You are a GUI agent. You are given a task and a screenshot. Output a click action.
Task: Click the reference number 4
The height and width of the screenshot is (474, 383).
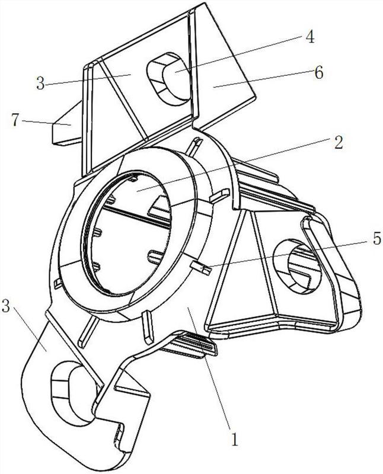[x=310, y=37]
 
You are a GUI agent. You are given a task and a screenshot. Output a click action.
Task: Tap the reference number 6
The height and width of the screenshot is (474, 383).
[x=318, y=72]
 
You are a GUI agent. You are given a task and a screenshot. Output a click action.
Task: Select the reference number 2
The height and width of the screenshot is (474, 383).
[x=339, y=142]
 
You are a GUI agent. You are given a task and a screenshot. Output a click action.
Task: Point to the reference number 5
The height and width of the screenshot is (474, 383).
[x=376, y=239]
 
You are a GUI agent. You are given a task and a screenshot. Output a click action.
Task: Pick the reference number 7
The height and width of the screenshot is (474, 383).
[x=16, y=120]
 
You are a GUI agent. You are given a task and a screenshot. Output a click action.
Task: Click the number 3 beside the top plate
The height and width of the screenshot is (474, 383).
[x=40, y=84]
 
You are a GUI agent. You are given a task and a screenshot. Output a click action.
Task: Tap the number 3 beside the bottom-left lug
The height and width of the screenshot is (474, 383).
[x=7, y=307]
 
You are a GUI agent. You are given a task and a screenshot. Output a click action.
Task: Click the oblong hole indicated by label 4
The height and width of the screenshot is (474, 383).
[x=170, y=79]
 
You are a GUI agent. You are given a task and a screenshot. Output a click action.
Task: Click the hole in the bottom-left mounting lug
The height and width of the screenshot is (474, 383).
[x=74, y=393]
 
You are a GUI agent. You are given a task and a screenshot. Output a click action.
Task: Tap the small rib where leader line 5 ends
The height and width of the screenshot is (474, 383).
[x=200, y=268]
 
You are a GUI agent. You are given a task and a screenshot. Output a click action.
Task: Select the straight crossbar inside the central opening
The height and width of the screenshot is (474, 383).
[x=136, y=215]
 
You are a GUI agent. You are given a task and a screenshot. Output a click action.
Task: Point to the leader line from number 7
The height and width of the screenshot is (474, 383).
[x=46, y=123]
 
